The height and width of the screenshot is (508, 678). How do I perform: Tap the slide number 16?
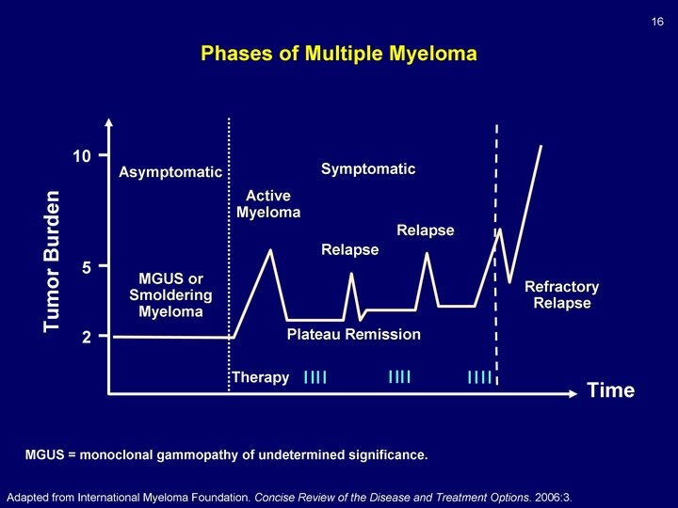[658, 22]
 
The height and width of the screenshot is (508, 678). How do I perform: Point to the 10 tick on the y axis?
[83, 155]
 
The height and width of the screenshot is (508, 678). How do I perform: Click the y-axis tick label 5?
[86, 268]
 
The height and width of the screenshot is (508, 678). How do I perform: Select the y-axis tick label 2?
[86, 337]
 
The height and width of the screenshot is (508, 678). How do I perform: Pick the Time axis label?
[610, 390]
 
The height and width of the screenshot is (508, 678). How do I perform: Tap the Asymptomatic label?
[169, 172]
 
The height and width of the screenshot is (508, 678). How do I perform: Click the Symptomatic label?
[367, 169]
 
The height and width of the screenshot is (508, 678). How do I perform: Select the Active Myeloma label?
[268, 204]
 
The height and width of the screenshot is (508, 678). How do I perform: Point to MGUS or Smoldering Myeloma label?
[170, 295]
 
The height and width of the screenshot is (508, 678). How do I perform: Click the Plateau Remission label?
[353, 335]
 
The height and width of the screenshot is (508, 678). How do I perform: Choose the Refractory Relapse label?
[561, 294]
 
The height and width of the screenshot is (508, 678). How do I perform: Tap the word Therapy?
[260, 378]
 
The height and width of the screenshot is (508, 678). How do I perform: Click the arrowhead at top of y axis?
[108, 122]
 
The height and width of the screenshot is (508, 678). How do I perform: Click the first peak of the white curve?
[271, 250]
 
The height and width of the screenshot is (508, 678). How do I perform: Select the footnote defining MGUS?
[226, 456]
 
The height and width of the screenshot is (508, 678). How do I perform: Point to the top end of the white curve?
[541, 147]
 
